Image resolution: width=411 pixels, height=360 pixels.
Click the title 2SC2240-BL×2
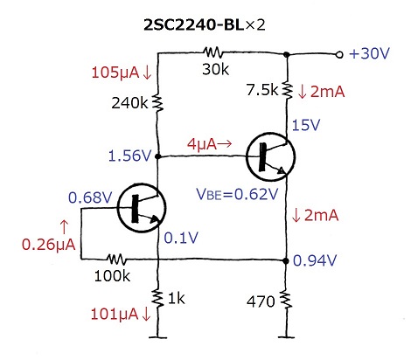tap(205, 25)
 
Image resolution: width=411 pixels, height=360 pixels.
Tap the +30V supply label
tap(369, 53)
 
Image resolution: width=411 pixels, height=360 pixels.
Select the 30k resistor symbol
tap(212, 52)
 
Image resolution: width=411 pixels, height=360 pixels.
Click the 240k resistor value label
tap(129, 103)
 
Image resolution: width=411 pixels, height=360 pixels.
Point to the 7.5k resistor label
tap(262, 90)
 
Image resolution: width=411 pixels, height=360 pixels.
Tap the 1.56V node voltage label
tap(130, 156)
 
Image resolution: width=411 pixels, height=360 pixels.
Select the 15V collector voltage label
tap(306, 125)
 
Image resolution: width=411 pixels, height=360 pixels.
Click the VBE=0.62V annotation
tap(237, 194)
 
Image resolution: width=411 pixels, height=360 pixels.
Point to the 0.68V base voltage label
tap(90, 197)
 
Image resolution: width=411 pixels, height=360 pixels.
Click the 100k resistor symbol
tap(116, 259)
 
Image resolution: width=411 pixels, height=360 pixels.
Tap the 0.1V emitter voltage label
tap(181, 238)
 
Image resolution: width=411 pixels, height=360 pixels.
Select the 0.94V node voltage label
tap(315, 260)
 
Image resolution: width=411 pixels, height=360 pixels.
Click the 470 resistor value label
tap(261, 301)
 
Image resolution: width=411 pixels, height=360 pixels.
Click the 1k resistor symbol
tap(157, 299)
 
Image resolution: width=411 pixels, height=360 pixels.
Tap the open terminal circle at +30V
tap(339, 54)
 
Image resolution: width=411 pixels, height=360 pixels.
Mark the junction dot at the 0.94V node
tap(286, 260)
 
